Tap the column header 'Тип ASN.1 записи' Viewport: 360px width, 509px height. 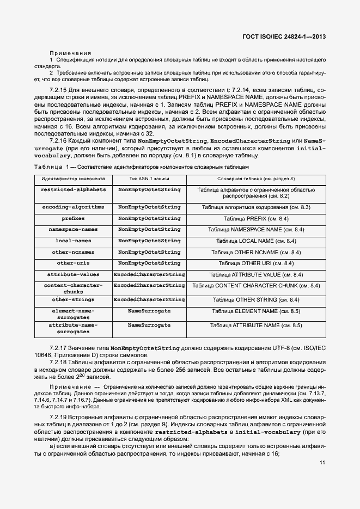click(149, 178)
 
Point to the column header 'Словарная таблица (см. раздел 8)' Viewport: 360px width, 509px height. click(256, 178)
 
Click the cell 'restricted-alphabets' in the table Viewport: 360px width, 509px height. click(72, 189)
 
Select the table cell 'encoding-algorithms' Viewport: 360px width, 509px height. click(72, 207)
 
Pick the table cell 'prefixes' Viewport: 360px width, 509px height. click(72, 218)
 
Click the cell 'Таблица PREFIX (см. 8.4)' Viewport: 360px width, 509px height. click(256, 218)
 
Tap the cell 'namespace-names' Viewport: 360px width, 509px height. click(72, 230)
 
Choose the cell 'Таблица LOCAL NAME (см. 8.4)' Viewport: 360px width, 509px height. click(256, 241)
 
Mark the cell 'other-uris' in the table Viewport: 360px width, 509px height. click(72, 263)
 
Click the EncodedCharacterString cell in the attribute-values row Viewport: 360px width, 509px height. click(149, 274)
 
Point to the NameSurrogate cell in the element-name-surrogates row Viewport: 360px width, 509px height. click(149, 311)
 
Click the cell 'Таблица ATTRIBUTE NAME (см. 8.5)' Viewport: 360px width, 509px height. click(256, 326)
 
